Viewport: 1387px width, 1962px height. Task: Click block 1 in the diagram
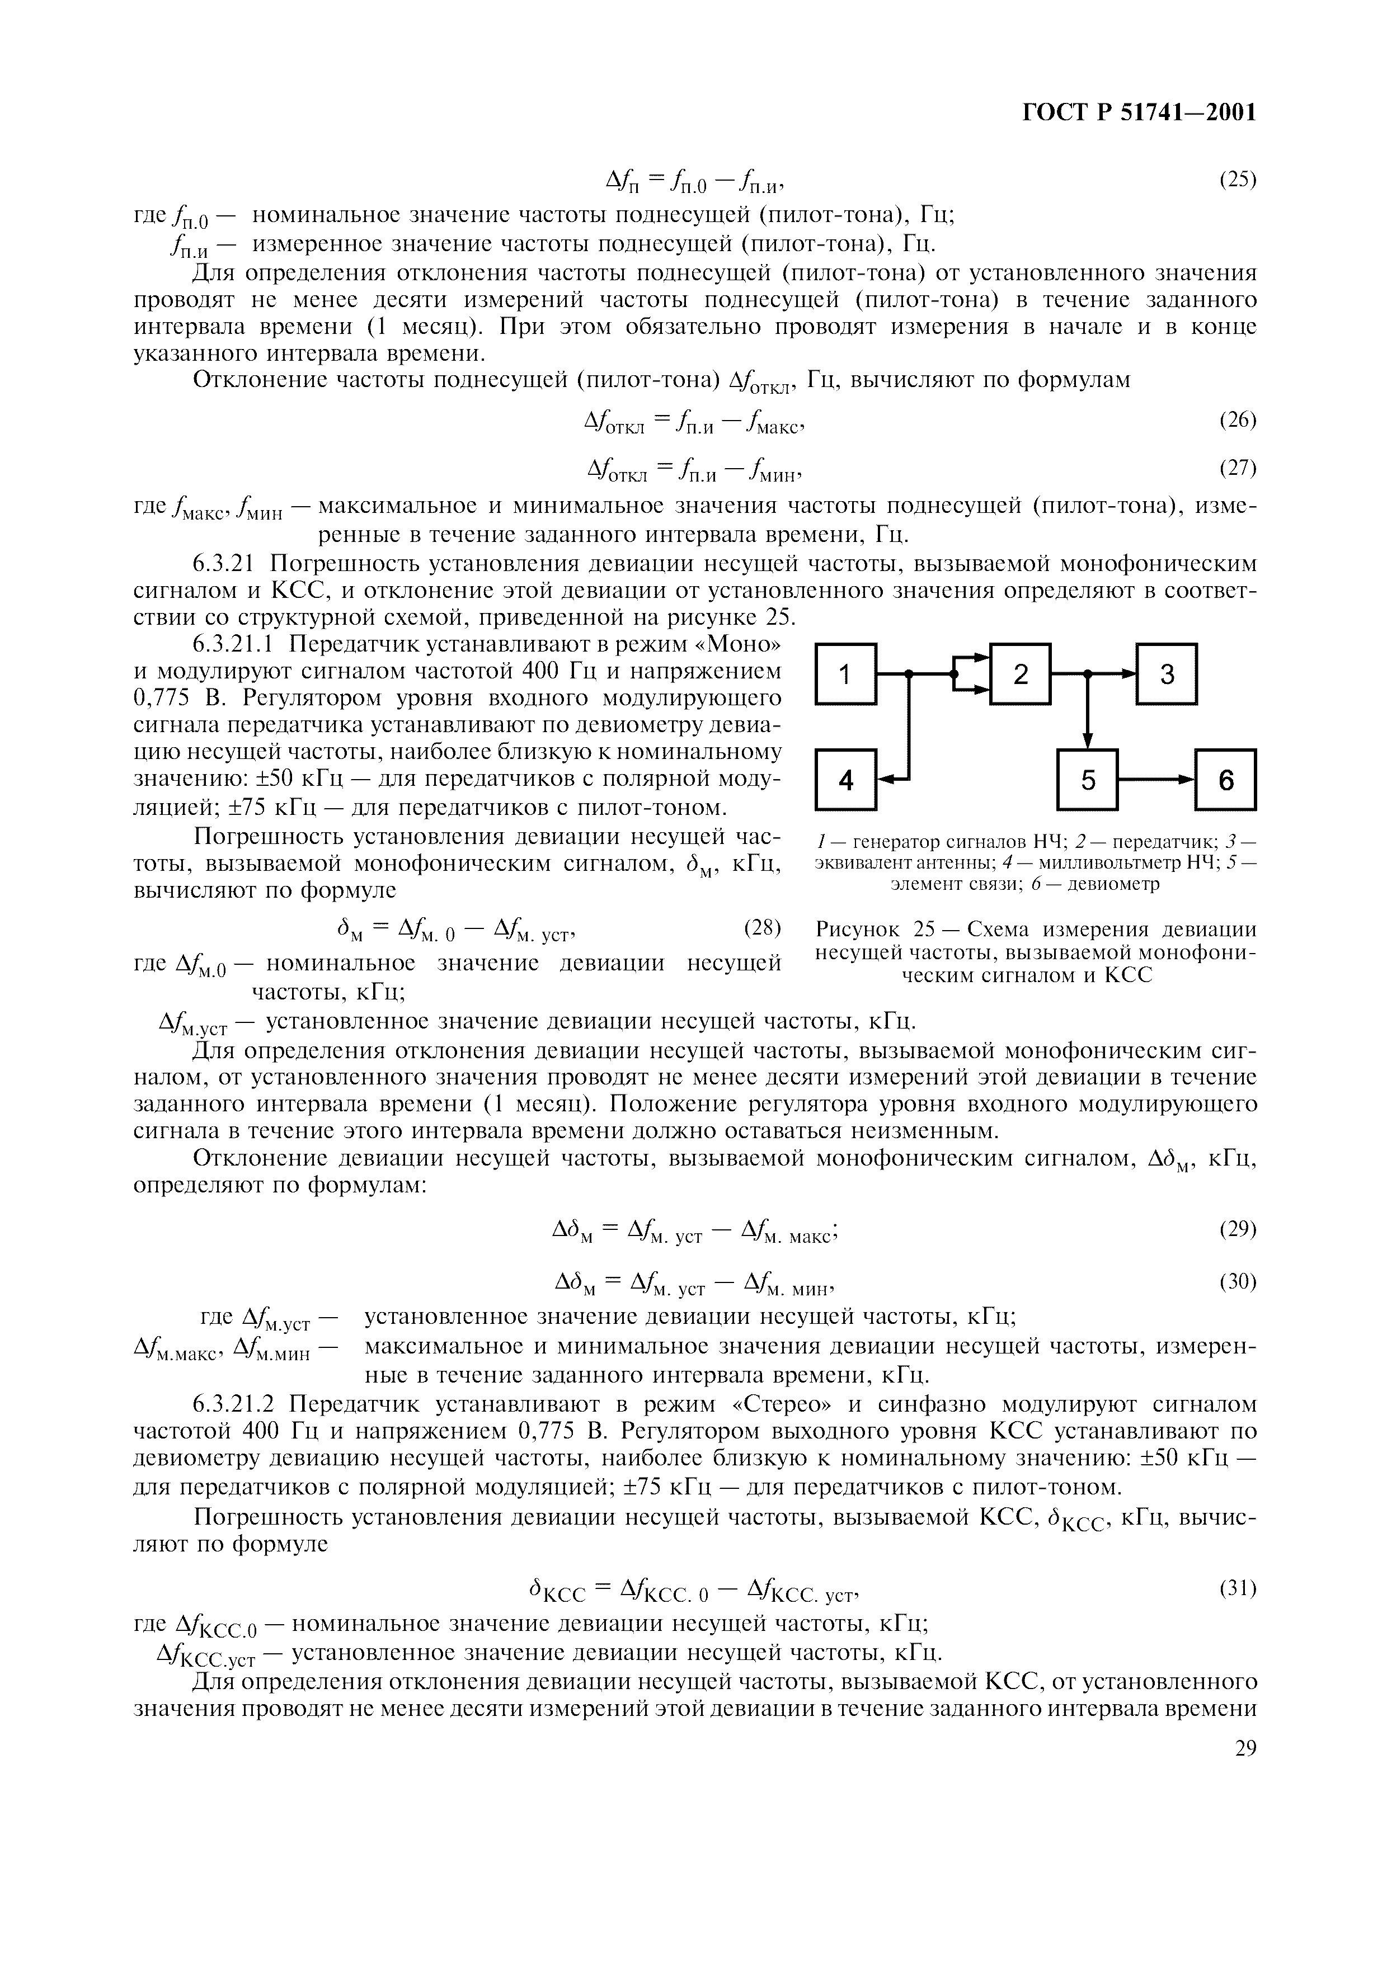click(845, 675)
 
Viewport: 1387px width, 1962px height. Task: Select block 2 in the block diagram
click(1021, 675)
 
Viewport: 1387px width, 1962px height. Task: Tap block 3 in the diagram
click(1167, 675)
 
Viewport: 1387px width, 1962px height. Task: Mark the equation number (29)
click(1236, 1229)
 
